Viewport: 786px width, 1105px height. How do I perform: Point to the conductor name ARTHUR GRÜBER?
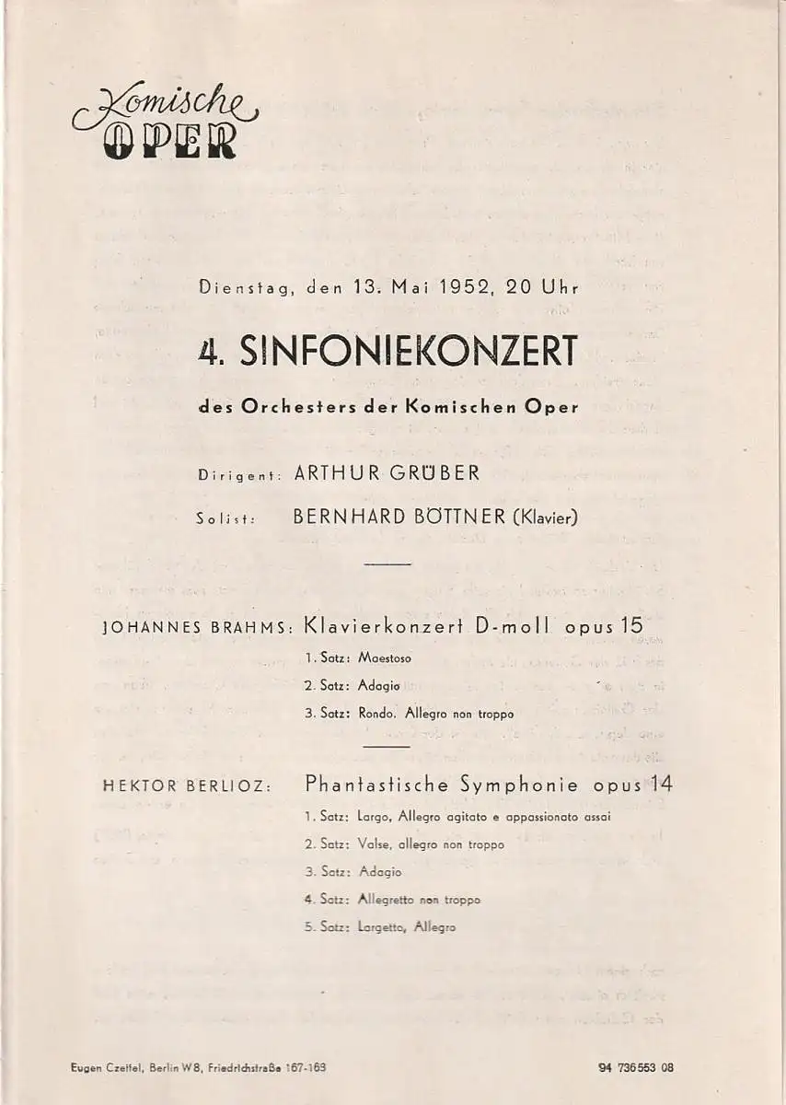[x=387, y=474]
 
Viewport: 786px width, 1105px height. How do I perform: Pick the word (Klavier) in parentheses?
[x=544, y=517]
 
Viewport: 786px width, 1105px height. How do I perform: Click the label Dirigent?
[x=238, y=476]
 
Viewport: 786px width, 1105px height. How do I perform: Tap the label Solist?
[x=225, y=518]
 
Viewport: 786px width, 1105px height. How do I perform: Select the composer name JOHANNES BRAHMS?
[x=196, y=629]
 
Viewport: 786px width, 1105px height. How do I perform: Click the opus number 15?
[x=631, y=626]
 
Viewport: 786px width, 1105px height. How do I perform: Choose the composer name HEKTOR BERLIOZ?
[x=187, y=785]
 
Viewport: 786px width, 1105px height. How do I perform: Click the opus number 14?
[x=659, y=785]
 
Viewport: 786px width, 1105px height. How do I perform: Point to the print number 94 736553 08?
[x=634, y=1068]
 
